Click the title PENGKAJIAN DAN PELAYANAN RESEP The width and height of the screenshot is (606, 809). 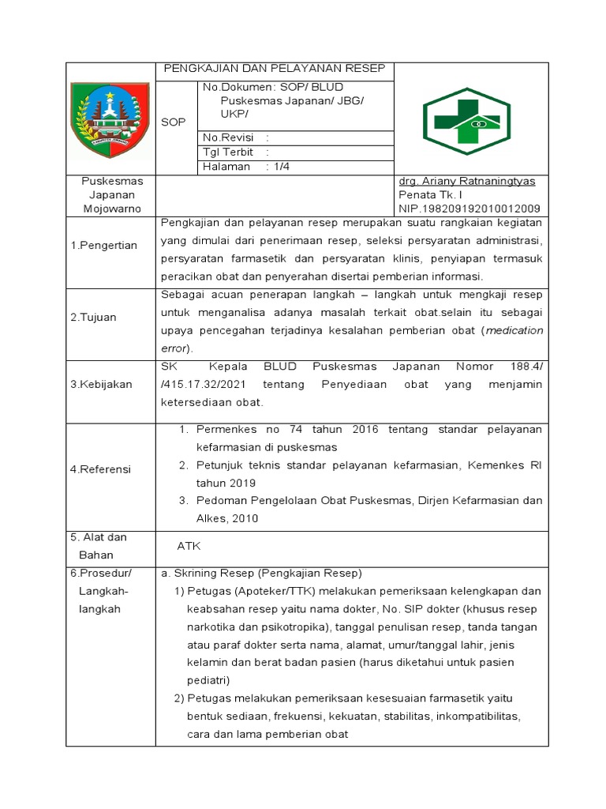pos(274,70)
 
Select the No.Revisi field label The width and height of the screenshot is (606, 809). pos(225,137)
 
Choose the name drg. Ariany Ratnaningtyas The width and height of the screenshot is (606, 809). pos(466,181)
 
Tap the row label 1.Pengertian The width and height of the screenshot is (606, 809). pos(104,246)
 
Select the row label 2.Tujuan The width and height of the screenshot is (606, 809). pos(94,317)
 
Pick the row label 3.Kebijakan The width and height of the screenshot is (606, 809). pos(102,384)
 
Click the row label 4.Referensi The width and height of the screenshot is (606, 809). pos(101,469)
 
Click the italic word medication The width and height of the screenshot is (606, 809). pos(514,331)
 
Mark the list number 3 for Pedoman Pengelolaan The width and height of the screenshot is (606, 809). pos(182,500)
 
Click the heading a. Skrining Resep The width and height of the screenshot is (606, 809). pos(260,573)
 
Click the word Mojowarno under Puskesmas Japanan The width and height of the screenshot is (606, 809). pos(110,209)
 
